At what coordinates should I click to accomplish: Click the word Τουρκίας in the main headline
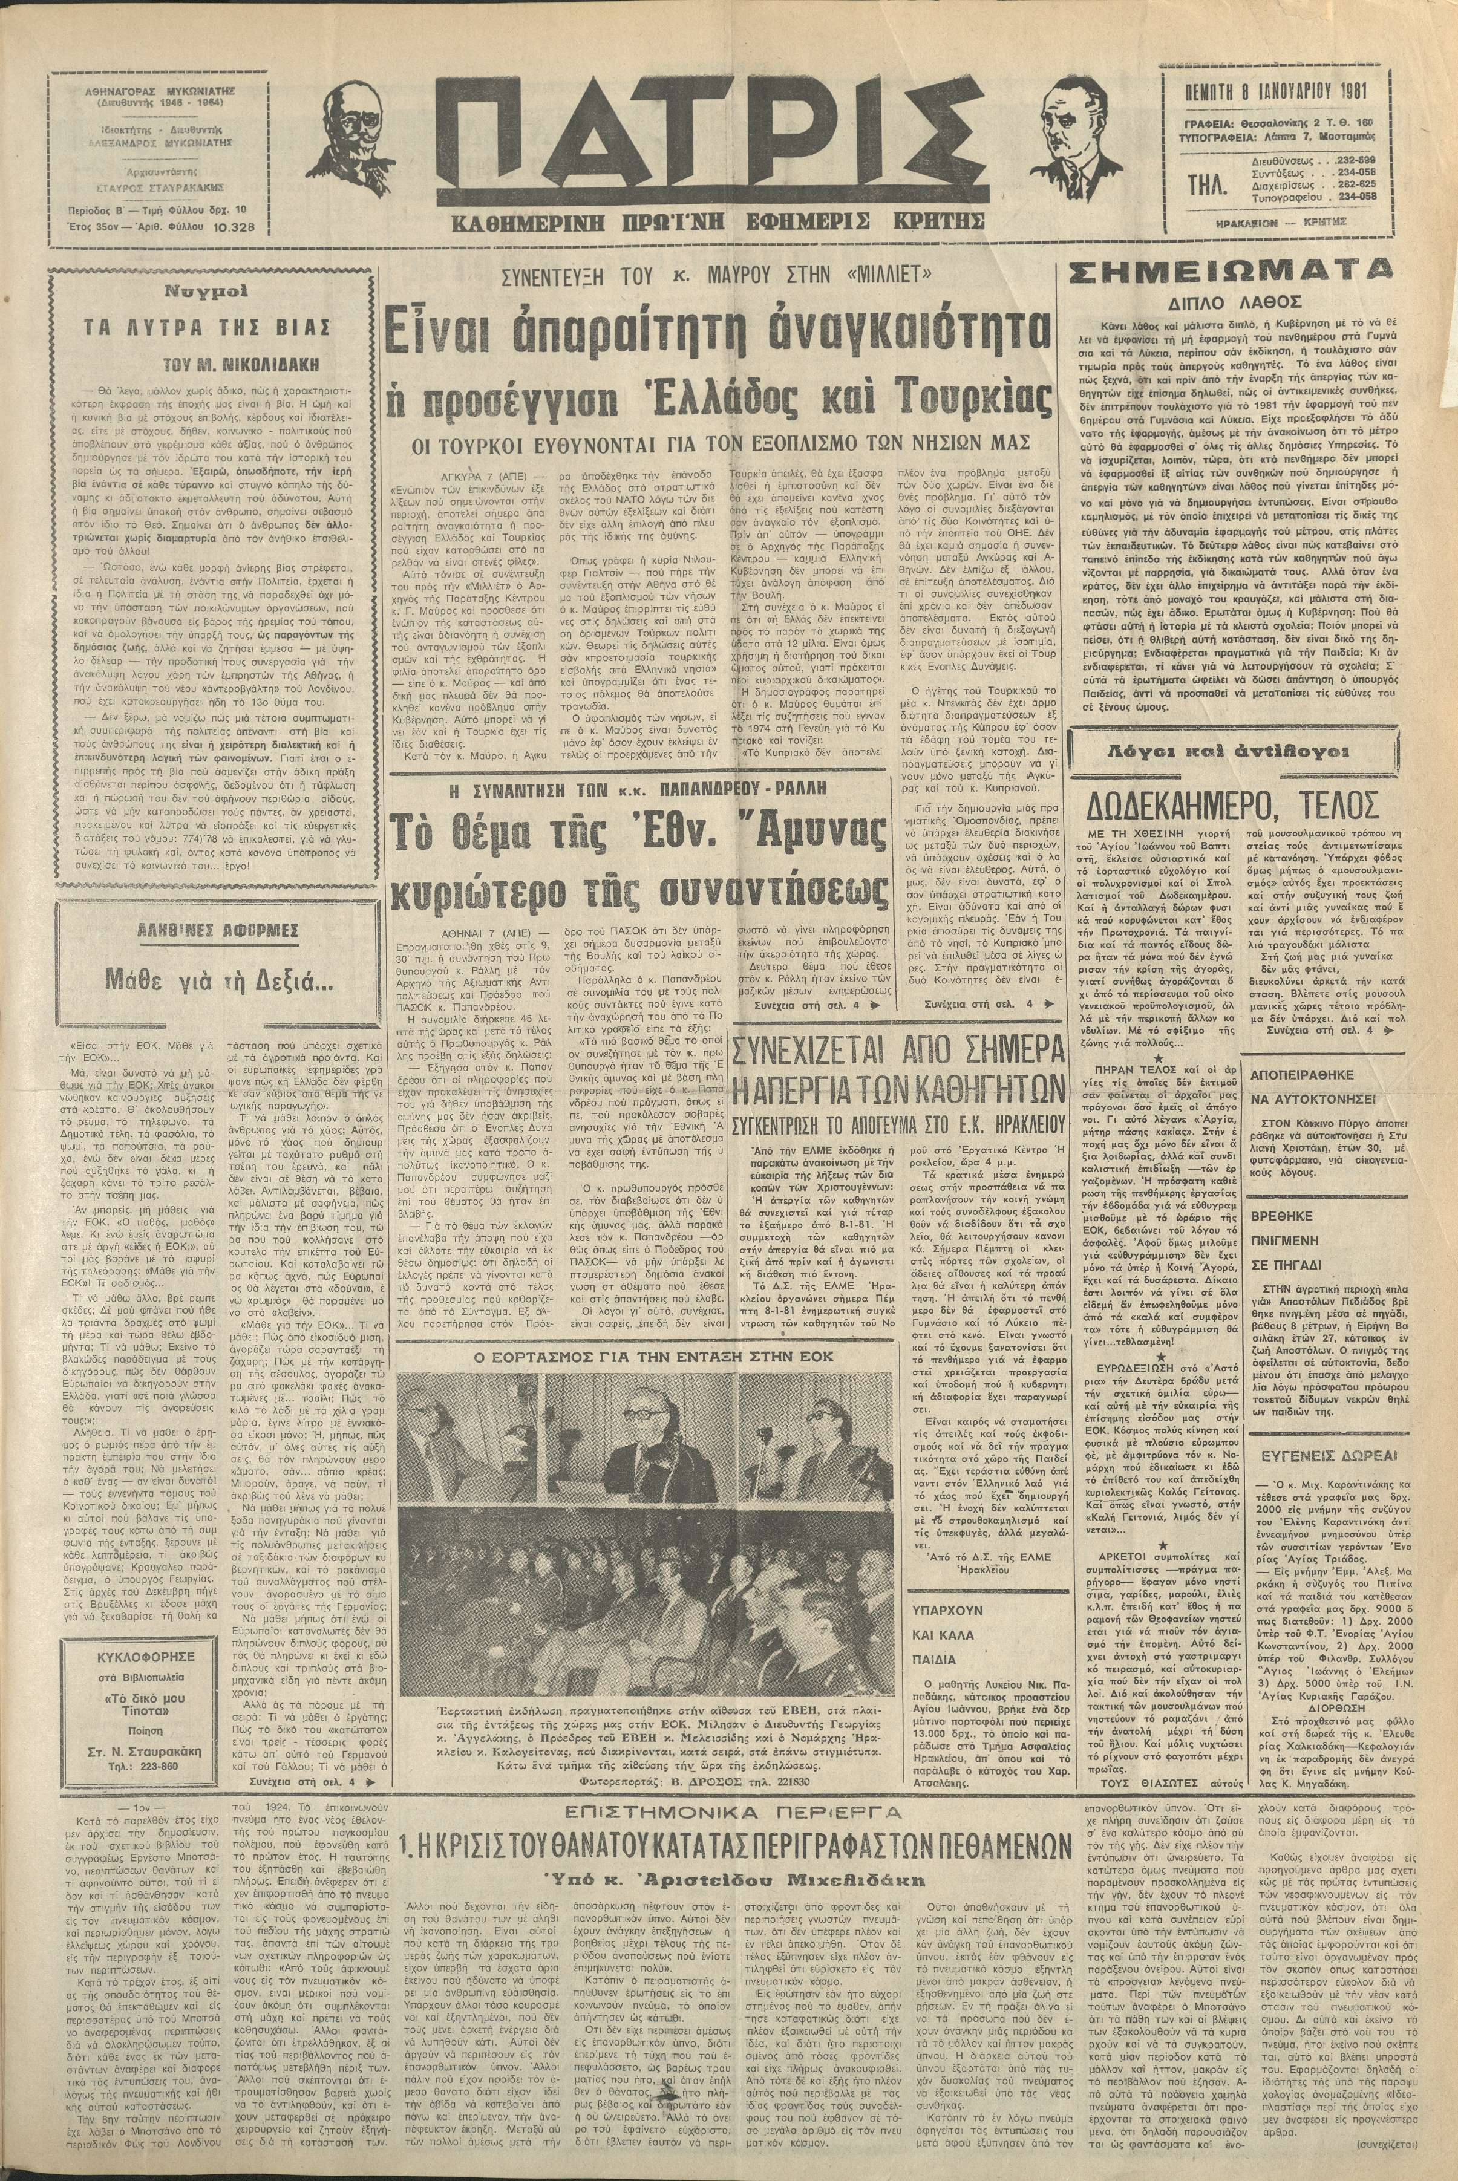pyautogui.click(x=972, y=402)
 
